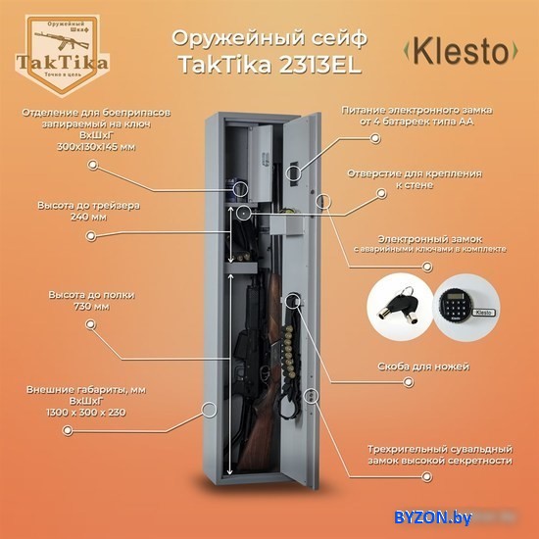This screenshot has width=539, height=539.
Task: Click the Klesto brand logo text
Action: [460, 51]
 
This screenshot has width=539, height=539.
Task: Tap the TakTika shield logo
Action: [62, 55]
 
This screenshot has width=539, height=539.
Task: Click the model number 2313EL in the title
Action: [319, 65]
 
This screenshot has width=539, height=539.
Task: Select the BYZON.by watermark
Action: [433, 516]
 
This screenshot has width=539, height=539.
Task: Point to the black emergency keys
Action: [400, 305]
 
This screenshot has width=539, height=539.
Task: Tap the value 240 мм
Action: [88, 217]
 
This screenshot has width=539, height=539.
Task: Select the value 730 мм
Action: [92, 307]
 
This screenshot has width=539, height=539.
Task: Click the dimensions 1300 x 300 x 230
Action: [86, 413]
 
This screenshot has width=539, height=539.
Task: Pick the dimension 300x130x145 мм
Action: [96, 147]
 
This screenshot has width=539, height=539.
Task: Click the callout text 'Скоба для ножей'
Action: [423, 367]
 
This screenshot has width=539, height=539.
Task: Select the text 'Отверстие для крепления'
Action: [415, 173]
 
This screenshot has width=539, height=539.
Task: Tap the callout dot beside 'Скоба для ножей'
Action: [408, 382]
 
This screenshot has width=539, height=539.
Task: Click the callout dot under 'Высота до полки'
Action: [90, 324]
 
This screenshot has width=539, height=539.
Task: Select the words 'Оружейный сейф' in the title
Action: [269, 38]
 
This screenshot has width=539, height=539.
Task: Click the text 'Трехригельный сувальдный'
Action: [440, 449]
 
